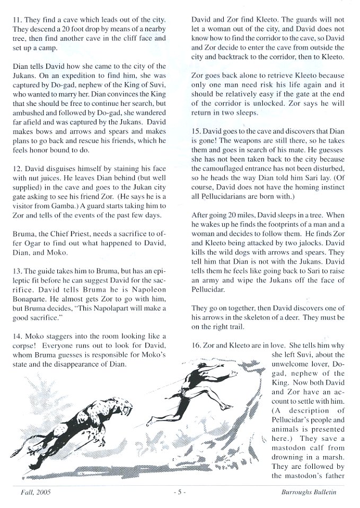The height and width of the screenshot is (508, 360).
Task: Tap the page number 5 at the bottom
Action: coord(180,492)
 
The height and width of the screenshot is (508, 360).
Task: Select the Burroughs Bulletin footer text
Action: coord(309,492)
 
